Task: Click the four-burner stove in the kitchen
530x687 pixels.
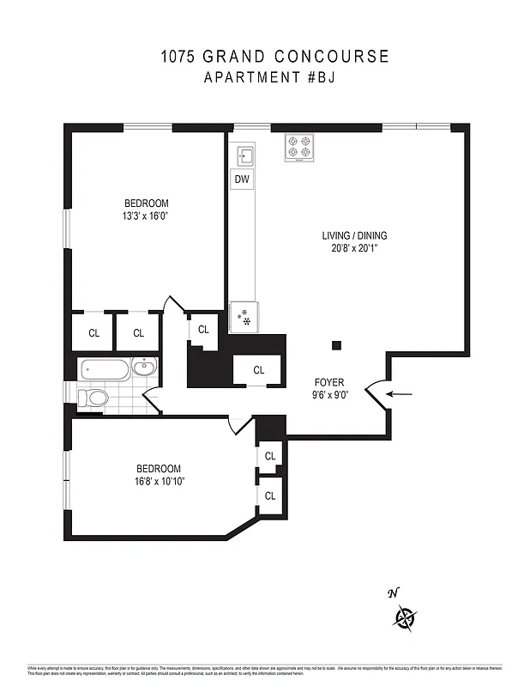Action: pos(299,147)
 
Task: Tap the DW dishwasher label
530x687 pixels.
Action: pos(242,179)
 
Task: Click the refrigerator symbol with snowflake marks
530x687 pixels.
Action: pos(244,317)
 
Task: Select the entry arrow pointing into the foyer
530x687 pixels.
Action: pos(399,394)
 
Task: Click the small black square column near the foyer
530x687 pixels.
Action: pos(336,345)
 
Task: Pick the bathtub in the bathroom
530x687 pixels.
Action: pos(105,371)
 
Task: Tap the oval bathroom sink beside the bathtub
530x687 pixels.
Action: pos(145,368)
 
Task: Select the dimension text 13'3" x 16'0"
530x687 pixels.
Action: pos(144,216)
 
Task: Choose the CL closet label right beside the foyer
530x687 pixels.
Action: pos(259,370)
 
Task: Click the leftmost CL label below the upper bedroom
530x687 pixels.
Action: pos(93,333)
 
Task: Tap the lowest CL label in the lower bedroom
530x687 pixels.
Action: pos(270,495)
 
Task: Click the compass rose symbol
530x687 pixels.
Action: pos(405,617)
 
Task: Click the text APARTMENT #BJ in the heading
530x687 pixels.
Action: pos(264,78)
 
